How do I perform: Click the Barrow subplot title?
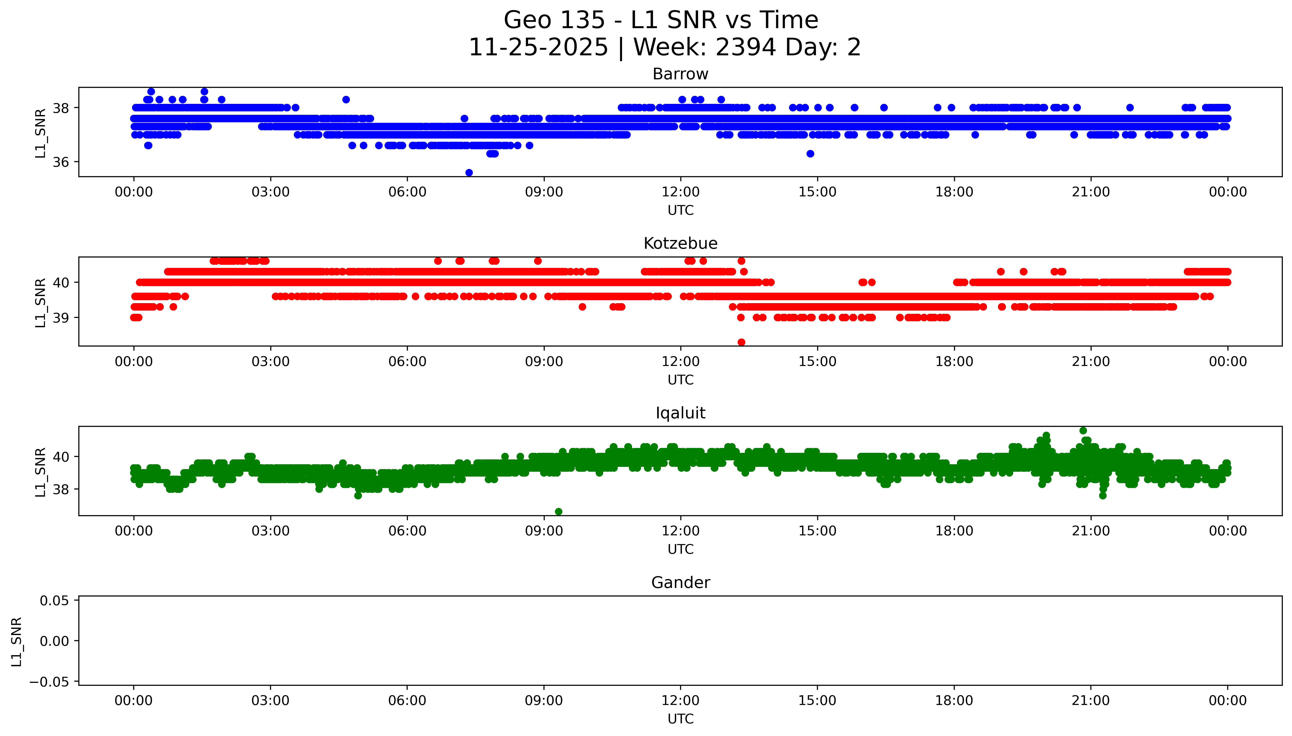pos(680,74)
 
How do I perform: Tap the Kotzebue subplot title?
pos(680,244)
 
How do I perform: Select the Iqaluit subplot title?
pos(680,413)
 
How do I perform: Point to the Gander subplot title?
pos(680,583)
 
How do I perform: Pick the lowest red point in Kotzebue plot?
pos(741,342)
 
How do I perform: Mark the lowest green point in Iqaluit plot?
pos(558,512)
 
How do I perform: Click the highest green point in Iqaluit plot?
pos(1083,431)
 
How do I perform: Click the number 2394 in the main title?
pos(745,48)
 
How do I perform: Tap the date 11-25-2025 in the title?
pos(538,48)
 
